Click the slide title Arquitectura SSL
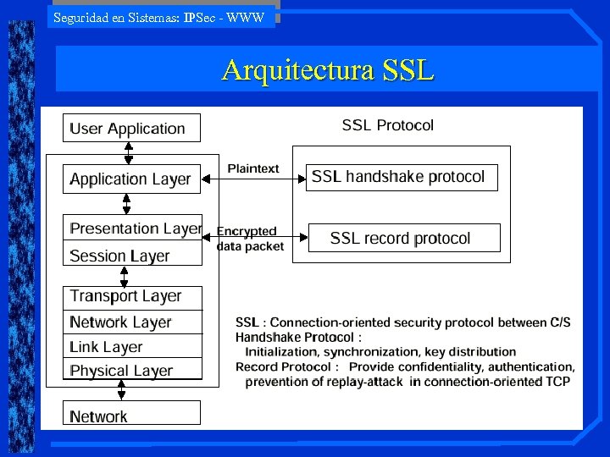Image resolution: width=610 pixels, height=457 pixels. (328, 69)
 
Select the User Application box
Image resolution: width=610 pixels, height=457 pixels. (132, 129)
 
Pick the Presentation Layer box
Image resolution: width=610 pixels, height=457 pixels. (134, 228)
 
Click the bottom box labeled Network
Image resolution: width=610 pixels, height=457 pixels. (132, 416)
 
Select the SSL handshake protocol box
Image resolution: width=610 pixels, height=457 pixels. (401, 177)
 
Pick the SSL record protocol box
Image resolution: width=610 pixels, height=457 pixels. (404, 238)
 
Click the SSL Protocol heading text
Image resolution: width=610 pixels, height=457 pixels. (387, 125)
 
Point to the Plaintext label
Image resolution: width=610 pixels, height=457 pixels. (252, 168)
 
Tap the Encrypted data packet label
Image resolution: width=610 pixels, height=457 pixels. (250, 238)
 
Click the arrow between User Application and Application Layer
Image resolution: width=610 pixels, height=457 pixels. (128, 152)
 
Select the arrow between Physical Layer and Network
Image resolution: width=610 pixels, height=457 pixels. (121, 390)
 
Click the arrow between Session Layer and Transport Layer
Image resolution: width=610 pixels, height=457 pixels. (122, 276)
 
